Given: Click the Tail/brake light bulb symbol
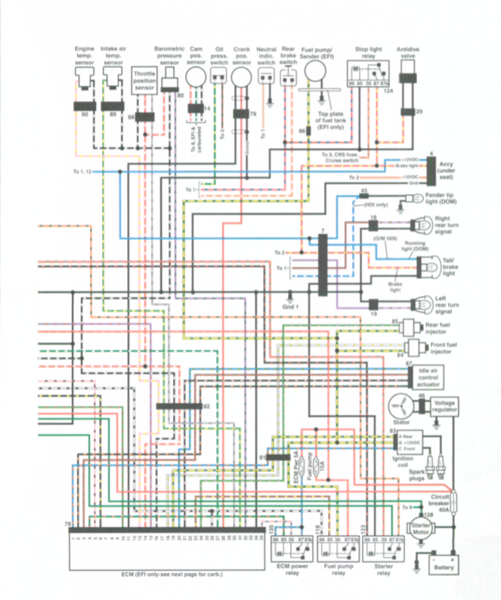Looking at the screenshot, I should tap(424, 264).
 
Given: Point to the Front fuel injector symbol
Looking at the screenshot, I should tap(414, 349).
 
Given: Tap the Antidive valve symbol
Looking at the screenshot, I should tap(409, 79).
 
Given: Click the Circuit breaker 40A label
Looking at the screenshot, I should tap(441, 502).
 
